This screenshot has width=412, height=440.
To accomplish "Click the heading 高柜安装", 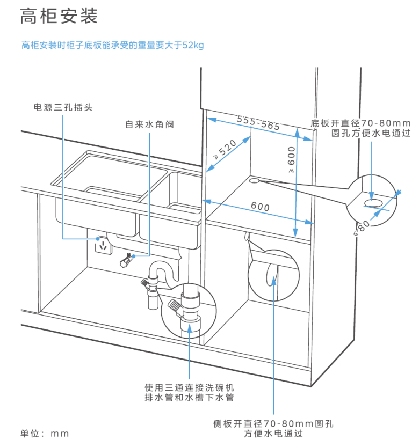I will click(59, 17).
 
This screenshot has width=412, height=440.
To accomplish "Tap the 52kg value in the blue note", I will click(193, 46).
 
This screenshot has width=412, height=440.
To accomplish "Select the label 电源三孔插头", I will click(63, 107).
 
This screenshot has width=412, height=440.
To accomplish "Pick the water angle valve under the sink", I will click(125, 260).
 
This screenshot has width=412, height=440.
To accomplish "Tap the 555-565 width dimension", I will click(258, 123).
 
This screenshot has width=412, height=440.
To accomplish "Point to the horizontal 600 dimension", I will click(260, 207).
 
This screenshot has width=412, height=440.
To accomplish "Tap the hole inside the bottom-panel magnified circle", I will click(373, 202).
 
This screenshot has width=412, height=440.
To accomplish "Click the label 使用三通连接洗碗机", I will click(189, 387).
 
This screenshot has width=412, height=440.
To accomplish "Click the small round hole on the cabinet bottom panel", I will click(254, 181).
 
